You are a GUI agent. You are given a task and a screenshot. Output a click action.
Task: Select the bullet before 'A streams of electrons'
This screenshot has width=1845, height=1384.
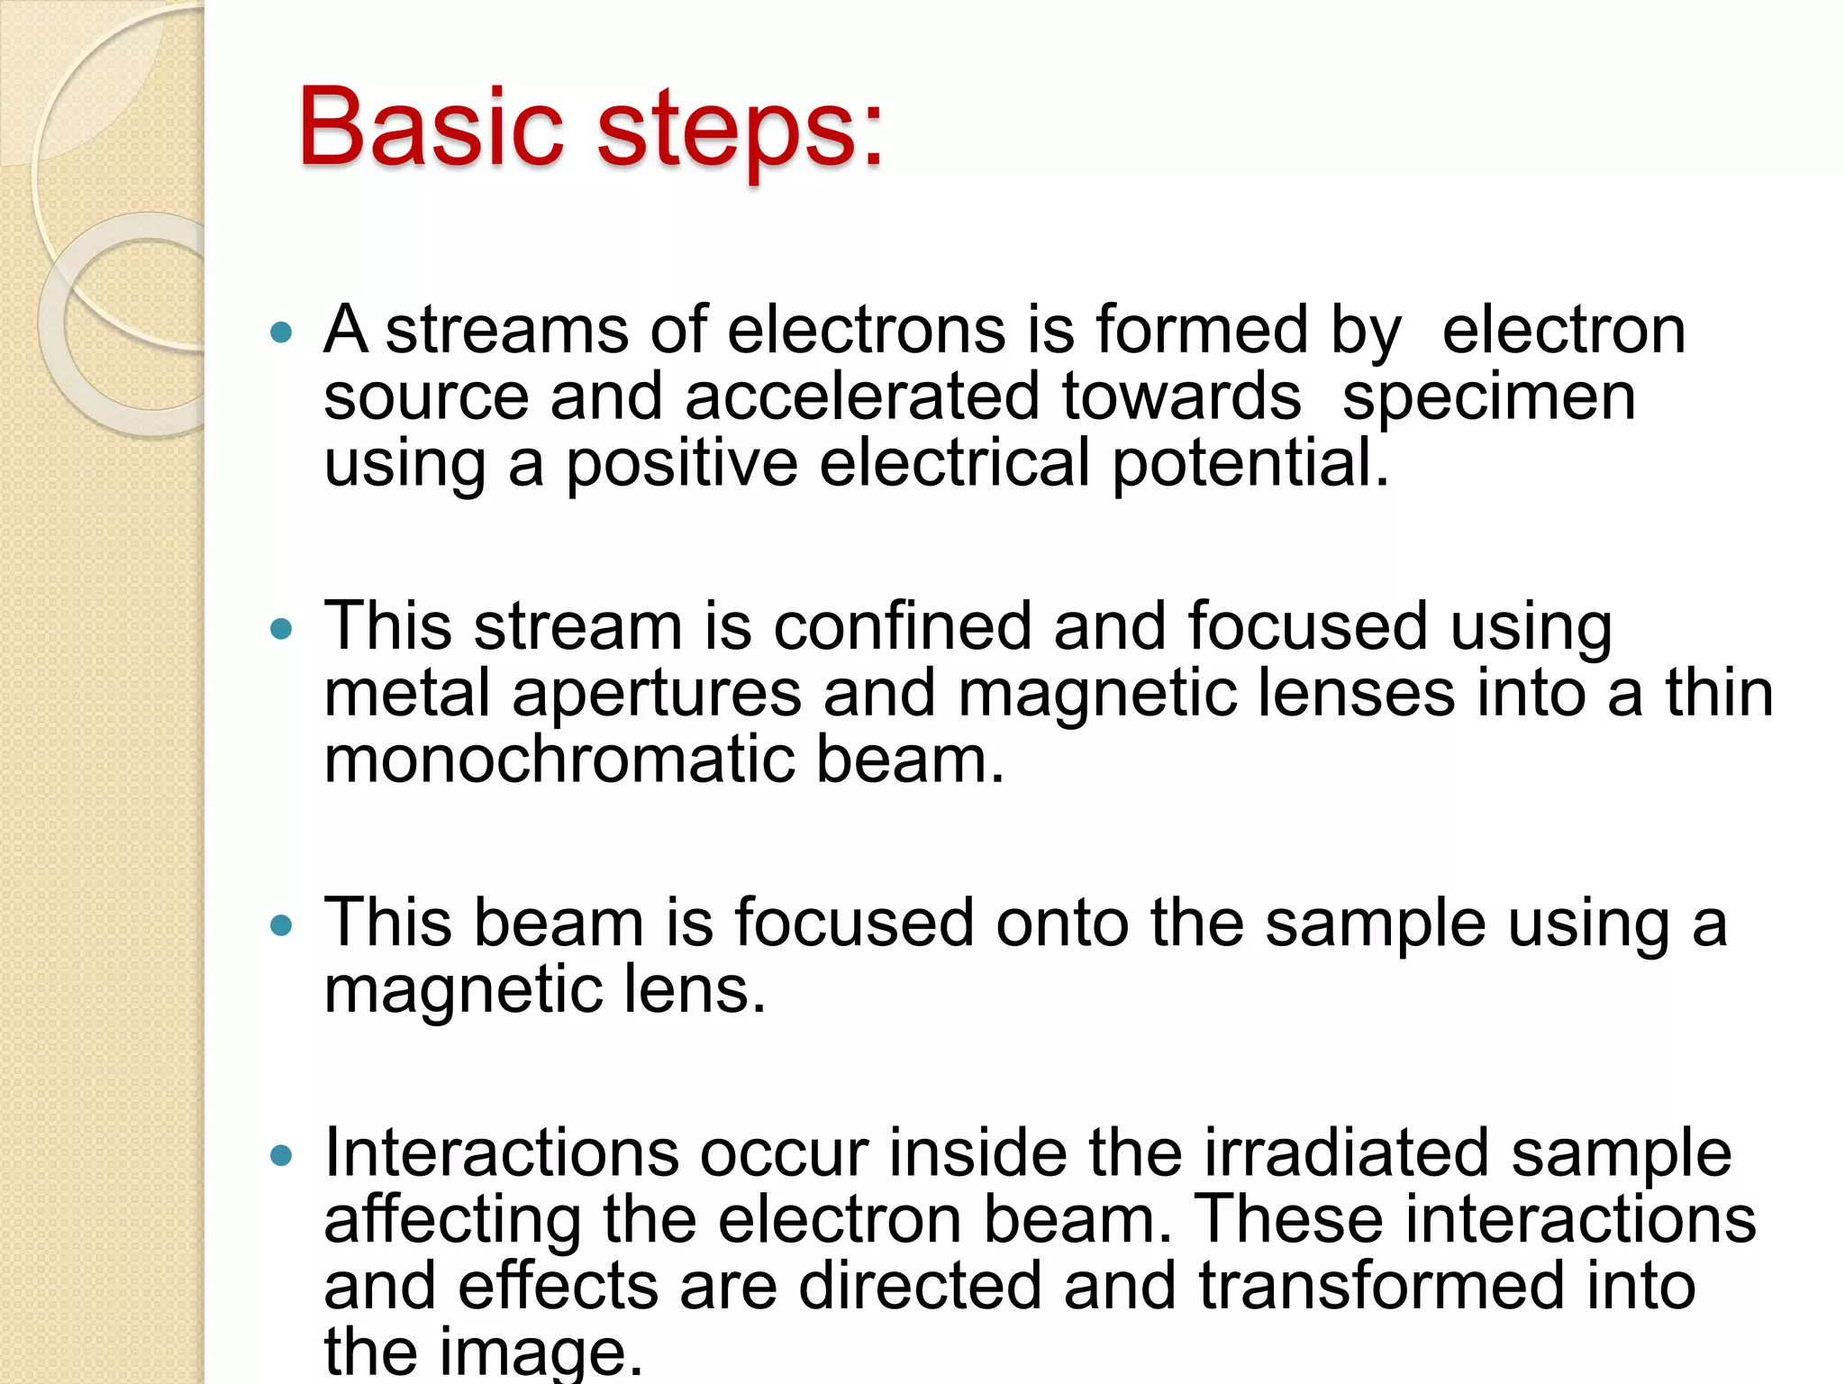pyautogui.click(x=282, y=333)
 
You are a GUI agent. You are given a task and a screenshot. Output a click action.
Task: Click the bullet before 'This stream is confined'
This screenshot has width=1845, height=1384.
pyautogui.click(x=282, y=628)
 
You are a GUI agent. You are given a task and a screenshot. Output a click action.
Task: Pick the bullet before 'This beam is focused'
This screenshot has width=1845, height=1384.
pyautogui.click(x=282, y=924)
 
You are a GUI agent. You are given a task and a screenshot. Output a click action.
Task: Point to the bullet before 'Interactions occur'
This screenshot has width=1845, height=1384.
pyautogui.click(x=282, y=1155)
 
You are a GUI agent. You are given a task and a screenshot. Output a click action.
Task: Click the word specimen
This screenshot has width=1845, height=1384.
pyautogui.click(x=1488, y=398)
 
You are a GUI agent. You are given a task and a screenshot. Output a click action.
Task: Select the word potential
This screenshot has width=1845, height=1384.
pyautogui.click(x=1250, y=463)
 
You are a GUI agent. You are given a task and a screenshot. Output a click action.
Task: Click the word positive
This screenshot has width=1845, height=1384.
pyautogui.click(x=681, y=463)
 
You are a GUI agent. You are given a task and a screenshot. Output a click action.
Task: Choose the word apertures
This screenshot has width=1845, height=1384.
pyautogui.click(x=657, y=694)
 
